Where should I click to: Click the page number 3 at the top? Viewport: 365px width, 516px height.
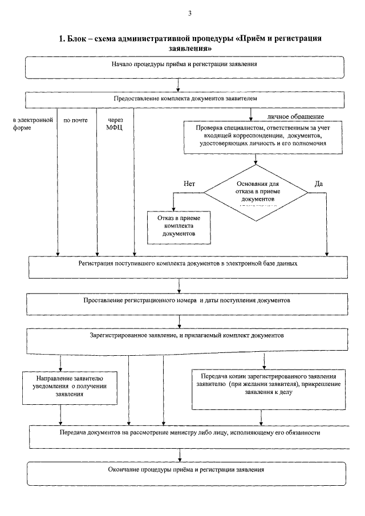pyautogui.click(x=190, y=14)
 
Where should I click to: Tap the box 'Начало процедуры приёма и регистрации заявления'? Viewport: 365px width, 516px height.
pyautogui.click(x=185, y=67)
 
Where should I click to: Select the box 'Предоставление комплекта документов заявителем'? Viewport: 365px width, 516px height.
pyautogui.click(x=185, y=100)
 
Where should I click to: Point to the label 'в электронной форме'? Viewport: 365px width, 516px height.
pyautogui.click(x=33, y=124)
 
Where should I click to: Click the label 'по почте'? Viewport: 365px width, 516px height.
pyautogui.click(x=76, y=120)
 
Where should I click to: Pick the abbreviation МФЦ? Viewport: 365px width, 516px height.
pyautogui.click(x=114, y=128)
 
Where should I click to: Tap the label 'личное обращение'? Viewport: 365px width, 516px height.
pyautogui.click(x=295, y=116)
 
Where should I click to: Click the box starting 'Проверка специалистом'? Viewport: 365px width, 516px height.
pyautogui.click(x=263, y=137)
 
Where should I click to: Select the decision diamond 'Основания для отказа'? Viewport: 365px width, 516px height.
pyautogui.click(x=256, y=193)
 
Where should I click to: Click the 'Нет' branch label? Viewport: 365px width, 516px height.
pyautogui.click(x=189, y=184)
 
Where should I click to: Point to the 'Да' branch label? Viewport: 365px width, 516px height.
pyautogui.click(x=319, y=184)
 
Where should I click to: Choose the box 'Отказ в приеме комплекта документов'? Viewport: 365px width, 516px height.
pyautogui.click(x=179, y=227)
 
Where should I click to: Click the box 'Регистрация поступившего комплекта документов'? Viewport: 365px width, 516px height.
pyautogui.click(x=188, y=267)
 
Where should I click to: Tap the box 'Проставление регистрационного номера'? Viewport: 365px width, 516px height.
pyautogui.click(x=187, y=304)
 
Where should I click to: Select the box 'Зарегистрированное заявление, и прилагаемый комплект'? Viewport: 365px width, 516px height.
pyautogui.click(x=187, y=342)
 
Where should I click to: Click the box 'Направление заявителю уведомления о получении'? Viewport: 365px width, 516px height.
pyautogui.click(x=70, y=388)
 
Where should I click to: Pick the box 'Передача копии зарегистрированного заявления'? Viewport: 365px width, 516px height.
pyautogui.click(x=269, y=389)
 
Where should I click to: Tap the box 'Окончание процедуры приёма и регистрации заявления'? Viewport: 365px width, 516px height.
pyautogui.click(x=186, y=474)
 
